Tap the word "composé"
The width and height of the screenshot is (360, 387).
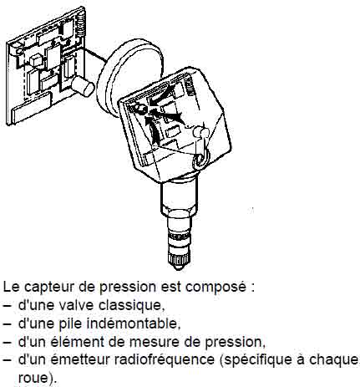215,288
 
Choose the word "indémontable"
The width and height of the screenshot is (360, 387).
133,323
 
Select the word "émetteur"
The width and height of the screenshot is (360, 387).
84,359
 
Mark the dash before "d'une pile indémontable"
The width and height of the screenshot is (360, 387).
8,324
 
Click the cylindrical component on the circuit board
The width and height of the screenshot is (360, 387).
83,86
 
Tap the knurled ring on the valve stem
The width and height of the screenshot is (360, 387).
180,237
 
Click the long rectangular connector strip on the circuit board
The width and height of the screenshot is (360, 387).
31,108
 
